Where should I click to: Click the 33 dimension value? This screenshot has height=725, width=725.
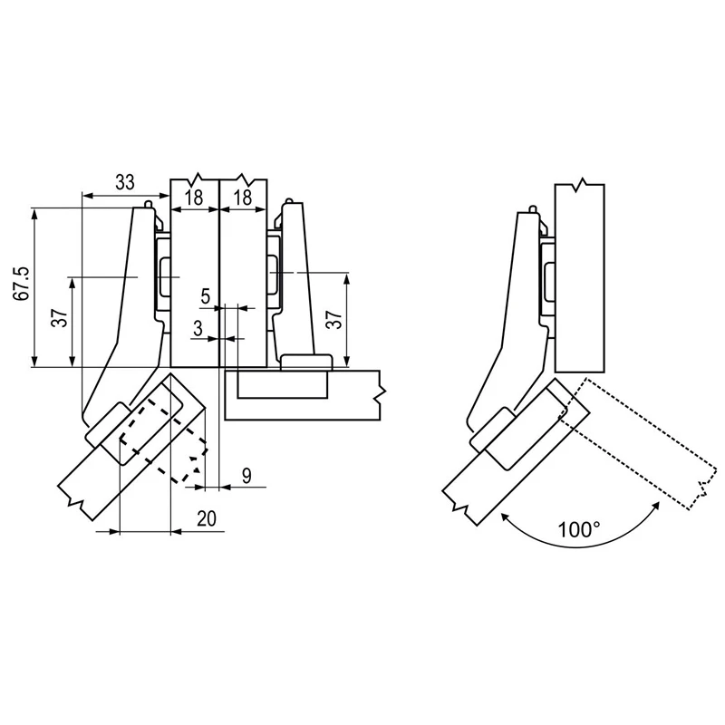[x=125, y=182]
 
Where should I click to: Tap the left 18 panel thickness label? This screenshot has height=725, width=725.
[x=194, y=198]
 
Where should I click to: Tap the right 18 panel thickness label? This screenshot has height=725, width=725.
[x=243, y=198]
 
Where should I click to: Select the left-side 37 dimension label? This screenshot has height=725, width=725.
[x=60, y=318]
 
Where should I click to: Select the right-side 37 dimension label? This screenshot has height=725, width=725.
[x=333, y=319]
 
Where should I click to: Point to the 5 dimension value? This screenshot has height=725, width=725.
[x=206, y=296]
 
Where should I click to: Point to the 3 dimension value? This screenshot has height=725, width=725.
[x=198, y=328]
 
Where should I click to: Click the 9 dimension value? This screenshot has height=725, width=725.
[x=246, y=475]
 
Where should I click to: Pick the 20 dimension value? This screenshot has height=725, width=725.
[x=207, y=518]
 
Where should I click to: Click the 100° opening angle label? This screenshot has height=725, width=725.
[x=579, y=530]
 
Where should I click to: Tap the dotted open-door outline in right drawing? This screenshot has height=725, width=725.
[x=639, y=443]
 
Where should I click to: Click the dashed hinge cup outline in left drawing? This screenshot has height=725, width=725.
[x=163, y=440]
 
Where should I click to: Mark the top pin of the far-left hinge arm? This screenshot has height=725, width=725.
[x=148, y=203]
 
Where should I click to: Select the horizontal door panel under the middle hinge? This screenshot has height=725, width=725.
[x=303, y=395]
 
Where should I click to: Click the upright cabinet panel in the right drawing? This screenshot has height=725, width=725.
[x=580, y=276]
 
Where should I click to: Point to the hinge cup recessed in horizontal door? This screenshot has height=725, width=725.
[x=283, y=384]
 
